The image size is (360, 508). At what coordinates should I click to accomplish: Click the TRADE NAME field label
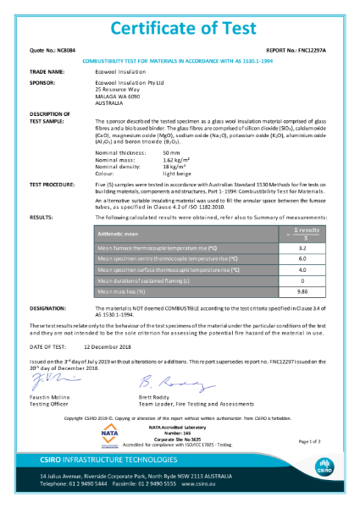(47, 73)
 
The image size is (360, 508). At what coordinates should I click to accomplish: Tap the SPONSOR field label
(42, 83)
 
